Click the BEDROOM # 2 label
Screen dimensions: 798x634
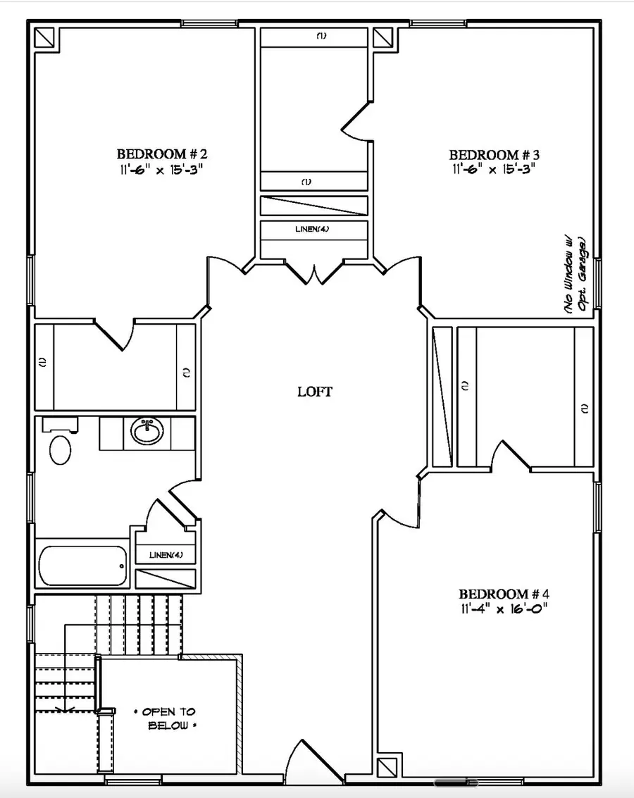[161, 154]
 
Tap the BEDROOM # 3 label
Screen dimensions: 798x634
[494, 154]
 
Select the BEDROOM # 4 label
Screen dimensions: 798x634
[503, 594]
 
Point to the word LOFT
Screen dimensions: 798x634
[315, 392]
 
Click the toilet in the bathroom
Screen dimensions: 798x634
[60, 449]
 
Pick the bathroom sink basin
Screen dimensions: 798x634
[147, 431]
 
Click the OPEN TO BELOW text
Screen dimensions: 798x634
[169, 718]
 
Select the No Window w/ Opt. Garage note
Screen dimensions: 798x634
[576, 275]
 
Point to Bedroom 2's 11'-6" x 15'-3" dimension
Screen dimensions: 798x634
[161, 169]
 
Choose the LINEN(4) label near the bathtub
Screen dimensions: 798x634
[166, 555]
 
